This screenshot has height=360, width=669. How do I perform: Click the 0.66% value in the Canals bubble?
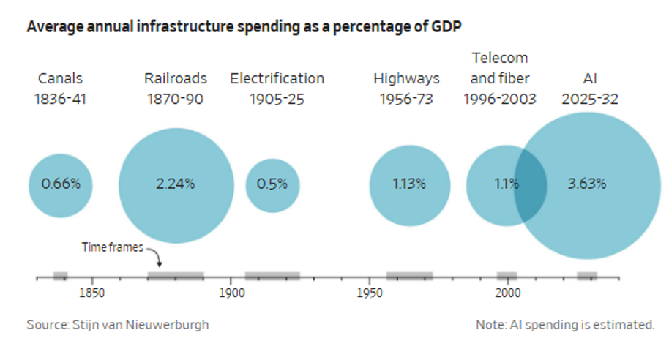(61, 184)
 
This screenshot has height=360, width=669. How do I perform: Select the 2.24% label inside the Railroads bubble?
(176, 184)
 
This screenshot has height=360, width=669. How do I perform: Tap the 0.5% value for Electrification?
(272, 184)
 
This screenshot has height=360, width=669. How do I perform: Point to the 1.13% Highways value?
(409, 184)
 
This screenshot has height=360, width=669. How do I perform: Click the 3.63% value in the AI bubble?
(586, 184)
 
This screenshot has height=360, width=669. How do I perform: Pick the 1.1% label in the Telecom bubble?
(507, 184)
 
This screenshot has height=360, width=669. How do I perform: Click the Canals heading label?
(60, 78)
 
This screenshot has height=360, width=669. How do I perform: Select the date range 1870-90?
(176, 100)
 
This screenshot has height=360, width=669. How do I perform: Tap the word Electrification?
(277, 78)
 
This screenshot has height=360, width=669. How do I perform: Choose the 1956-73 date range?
(406, 100)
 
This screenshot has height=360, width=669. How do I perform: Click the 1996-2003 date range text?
(500, 100)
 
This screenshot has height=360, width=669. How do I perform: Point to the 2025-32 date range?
(590, 100)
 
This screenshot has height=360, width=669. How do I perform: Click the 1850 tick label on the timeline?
(91, 293)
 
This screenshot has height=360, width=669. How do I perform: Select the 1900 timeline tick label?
(232, 293)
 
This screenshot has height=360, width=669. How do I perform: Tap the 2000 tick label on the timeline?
(508, 293)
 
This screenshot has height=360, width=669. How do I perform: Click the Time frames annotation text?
(112, 247)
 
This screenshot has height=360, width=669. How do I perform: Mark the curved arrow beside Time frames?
(157, 255)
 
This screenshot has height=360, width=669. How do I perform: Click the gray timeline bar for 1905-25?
(272, 276)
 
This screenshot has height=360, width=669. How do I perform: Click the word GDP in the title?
(446, 27)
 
